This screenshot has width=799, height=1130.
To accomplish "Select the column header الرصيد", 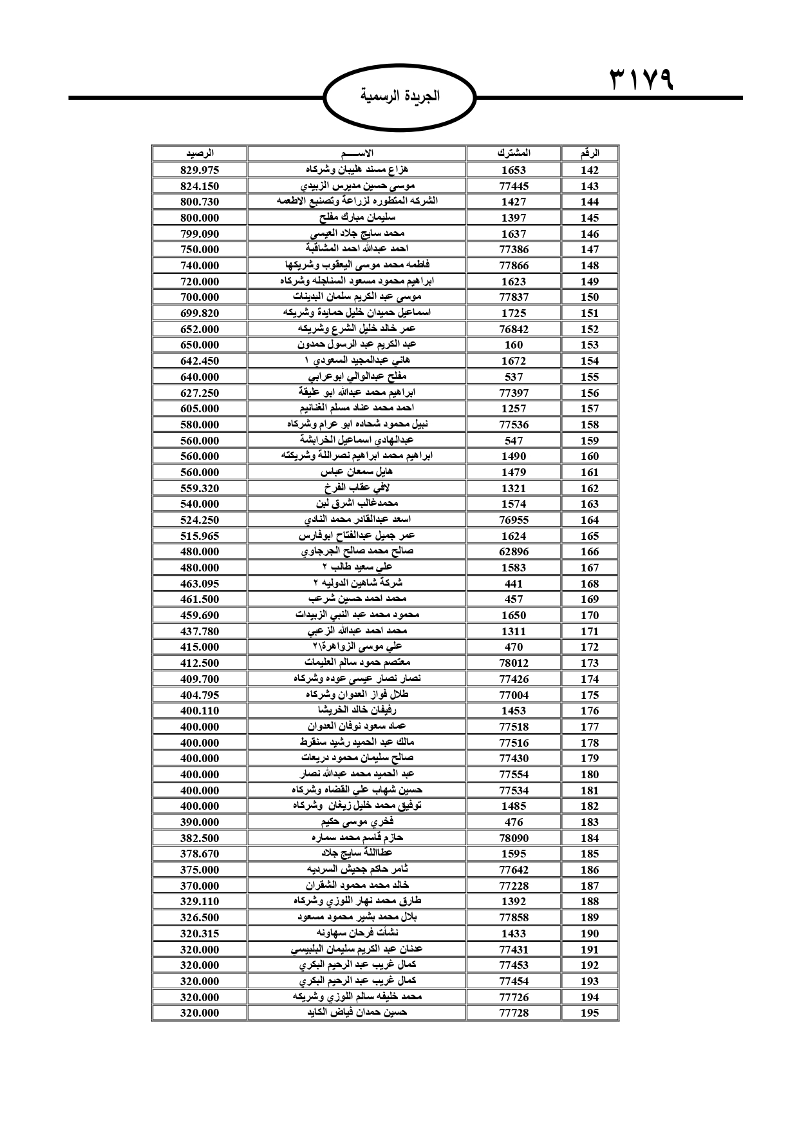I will click(x=200, y=154).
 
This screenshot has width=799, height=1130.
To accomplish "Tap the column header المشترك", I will click(x=514, y=154).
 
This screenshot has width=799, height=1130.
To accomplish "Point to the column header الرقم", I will click(x=589, y=154).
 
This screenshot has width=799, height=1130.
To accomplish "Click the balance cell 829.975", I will click(x=200, y=170).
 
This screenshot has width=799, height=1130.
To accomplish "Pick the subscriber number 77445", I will click(x=514, y=186).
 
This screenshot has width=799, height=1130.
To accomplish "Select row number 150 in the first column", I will click(x=589, y=297).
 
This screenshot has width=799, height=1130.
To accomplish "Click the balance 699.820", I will click(x=200, y=313).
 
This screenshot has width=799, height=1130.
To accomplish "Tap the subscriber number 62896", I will click(x=514, y=551).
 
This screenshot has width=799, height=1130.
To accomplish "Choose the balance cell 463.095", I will click(x=200, y=584).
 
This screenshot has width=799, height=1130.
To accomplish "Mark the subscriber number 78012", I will click(x=514, y=663).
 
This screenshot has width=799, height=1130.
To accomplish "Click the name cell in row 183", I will click(x=357, y=822).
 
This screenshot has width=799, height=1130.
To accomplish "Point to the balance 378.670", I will click(x=200, y=854).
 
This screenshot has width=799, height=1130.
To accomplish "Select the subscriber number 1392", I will click(x=514, y=901).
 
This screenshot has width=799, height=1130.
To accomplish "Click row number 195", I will click(x=589, y=1013).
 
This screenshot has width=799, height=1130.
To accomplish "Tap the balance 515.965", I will click(x=200, y=536).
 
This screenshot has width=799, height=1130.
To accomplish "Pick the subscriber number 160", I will click(x=514, y=345).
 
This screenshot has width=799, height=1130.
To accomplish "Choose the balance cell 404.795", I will click(x=200, y=695).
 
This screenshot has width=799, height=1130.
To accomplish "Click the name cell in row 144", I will click(x=357, y=202).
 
